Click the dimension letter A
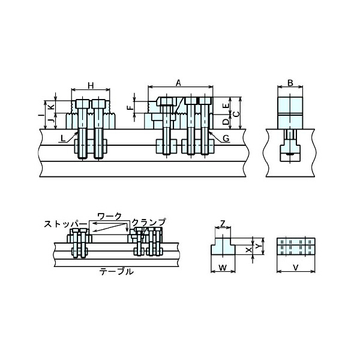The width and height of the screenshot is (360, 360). point(178,83)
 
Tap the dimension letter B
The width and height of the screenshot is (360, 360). point(290,83)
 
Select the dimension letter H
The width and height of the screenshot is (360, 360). point(91,86)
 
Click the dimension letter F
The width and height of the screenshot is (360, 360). point(130,107)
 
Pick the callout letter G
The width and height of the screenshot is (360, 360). point(226,138)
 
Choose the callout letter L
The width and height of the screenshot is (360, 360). point(63,138)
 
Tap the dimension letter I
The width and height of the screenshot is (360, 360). point(40,114)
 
